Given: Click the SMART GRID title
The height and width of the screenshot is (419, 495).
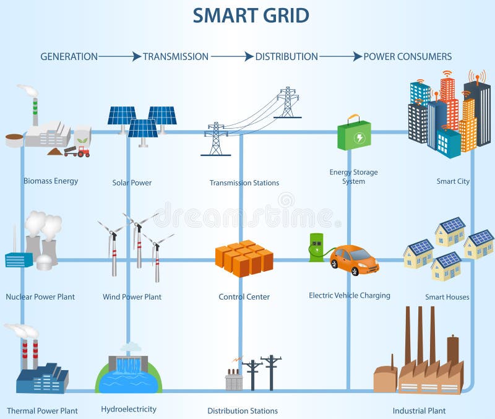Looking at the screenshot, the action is (251, 15).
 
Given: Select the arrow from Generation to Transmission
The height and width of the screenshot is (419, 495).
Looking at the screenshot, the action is (119, 56).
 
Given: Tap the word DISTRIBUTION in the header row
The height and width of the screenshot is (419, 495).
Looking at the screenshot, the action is (286, 56).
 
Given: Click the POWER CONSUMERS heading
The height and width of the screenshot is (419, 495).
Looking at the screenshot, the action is (407, 56).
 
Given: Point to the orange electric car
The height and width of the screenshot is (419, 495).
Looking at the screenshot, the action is (354, 259).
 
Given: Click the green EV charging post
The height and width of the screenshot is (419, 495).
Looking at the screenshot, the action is (316, 246).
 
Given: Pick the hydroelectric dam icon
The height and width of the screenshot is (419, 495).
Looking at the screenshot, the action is (129, 374).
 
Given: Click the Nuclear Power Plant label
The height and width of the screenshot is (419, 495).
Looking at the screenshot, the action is (40, 297).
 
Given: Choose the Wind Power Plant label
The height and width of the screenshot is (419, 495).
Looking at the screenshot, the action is (132, 297).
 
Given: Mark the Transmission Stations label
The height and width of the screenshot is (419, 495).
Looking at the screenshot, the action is (244, 183).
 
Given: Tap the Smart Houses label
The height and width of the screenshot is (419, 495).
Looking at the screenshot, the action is (447, 297).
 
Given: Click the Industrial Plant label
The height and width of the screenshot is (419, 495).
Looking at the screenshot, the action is (419, 410).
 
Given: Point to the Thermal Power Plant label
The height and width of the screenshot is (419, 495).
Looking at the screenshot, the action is (42, 410).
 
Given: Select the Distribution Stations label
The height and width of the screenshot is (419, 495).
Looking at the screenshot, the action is (243, 411).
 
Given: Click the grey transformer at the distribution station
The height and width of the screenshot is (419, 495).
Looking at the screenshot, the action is (234, 380).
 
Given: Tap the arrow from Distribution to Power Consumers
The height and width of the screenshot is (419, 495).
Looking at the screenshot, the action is (340, 56).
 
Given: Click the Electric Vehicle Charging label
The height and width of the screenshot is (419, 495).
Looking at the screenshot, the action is (350, 295).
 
